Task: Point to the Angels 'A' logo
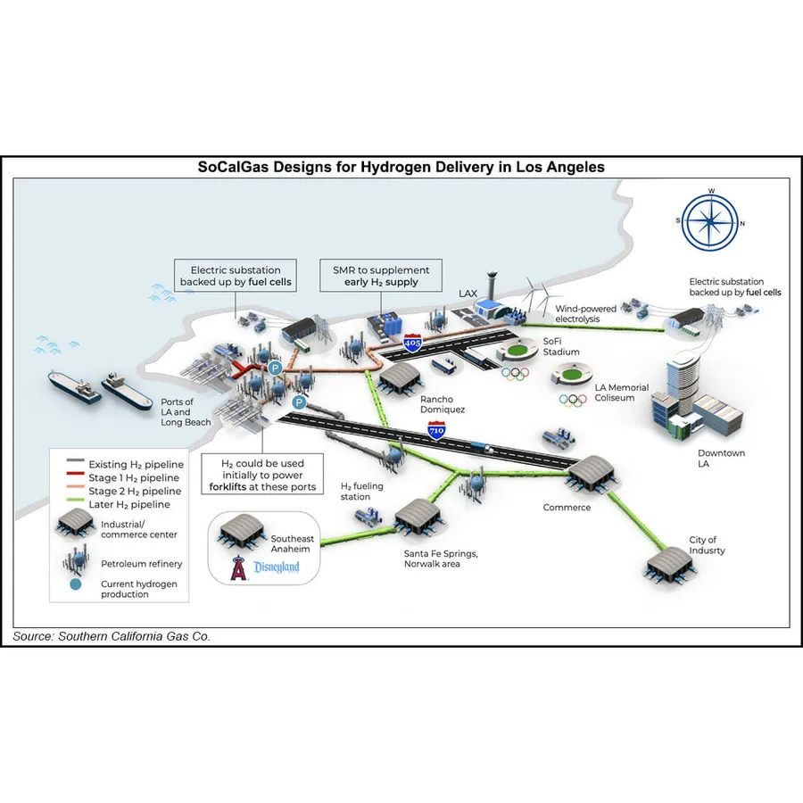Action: [237, 567]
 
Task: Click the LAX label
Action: [468, 293]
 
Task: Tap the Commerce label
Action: [567, 508]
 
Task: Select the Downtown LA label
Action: [722, 459]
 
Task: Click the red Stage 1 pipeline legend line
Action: [76, 478]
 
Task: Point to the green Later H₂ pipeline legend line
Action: [76, 504]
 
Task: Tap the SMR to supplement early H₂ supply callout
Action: [375, 276]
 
